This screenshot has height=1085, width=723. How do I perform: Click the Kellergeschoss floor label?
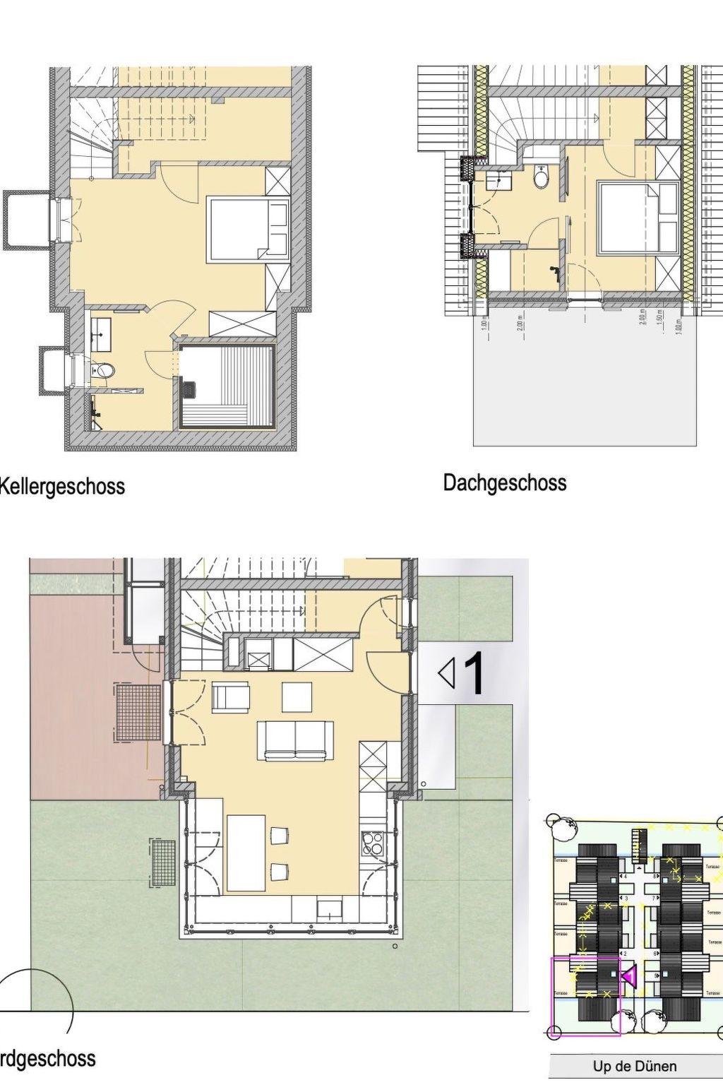click(62, 487)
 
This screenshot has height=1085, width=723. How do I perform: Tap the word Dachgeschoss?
click(504, 483)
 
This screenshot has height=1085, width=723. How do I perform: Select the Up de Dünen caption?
click(634, 1066)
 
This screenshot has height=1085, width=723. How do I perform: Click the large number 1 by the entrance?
click(474, 673)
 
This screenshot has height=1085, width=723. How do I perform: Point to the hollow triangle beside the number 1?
click(446, 673)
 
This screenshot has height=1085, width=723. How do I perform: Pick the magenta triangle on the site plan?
click(629, 976)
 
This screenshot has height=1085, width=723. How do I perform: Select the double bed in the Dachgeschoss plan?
click(637, 218)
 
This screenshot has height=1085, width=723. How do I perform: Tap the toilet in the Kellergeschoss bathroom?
click(103, 369)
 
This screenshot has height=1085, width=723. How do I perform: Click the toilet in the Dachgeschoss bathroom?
click(542, 177)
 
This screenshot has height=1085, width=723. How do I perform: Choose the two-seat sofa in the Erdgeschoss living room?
click(295, 740)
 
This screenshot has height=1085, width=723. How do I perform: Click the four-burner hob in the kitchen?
click(372, 843)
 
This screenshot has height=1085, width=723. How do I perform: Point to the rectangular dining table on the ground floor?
click(246, 852)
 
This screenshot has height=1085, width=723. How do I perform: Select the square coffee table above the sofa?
click(297, 696)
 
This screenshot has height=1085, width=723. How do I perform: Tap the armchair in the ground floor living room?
click(231, 697)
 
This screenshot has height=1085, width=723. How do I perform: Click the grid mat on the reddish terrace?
click(138, 712)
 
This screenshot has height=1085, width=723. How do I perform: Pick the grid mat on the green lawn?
click(163, 862)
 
